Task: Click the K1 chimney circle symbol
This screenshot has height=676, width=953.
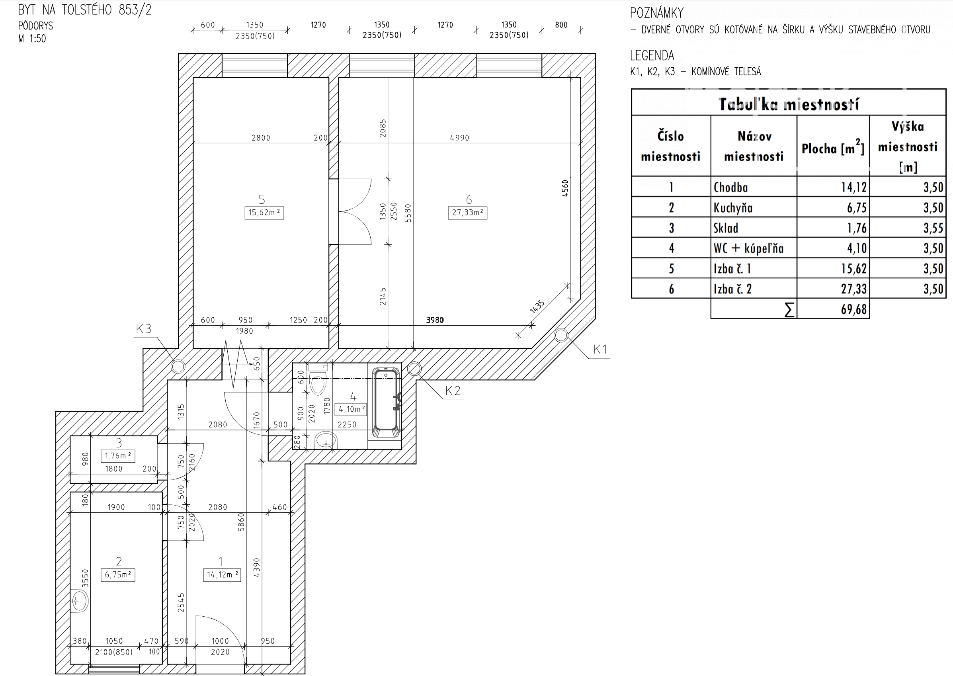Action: [560, 335]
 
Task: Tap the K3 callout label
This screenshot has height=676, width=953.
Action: [144, 329]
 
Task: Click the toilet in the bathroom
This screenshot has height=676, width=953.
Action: [318, 381]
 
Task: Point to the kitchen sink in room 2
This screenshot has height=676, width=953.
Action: [80, 601]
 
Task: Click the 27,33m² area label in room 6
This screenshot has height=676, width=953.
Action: [467, 213]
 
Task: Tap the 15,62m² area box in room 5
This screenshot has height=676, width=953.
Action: [264, 213]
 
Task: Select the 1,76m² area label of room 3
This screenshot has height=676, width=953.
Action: [118, 456]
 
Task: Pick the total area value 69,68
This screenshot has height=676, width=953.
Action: [853, 309]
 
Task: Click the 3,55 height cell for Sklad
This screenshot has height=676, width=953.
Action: [933, 228]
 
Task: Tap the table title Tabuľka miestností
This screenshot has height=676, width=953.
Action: [788, 104]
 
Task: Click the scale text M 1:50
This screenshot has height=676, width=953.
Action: [32, 39]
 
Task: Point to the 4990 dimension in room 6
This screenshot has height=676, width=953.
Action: [459, 138]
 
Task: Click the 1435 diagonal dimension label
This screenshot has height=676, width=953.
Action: [537, 307]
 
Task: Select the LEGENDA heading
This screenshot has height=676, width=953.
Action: [652, 55]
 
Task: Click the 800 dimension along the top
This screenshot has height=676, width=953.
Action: [561, 25]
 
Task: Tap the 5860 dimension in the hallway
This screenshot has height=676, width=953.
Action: [241, 522]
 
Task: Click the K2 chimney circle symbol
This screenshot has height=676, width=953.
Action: [414, 368]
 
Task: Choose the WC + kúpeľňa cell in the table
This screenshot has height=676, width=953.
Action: [748, 248]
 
